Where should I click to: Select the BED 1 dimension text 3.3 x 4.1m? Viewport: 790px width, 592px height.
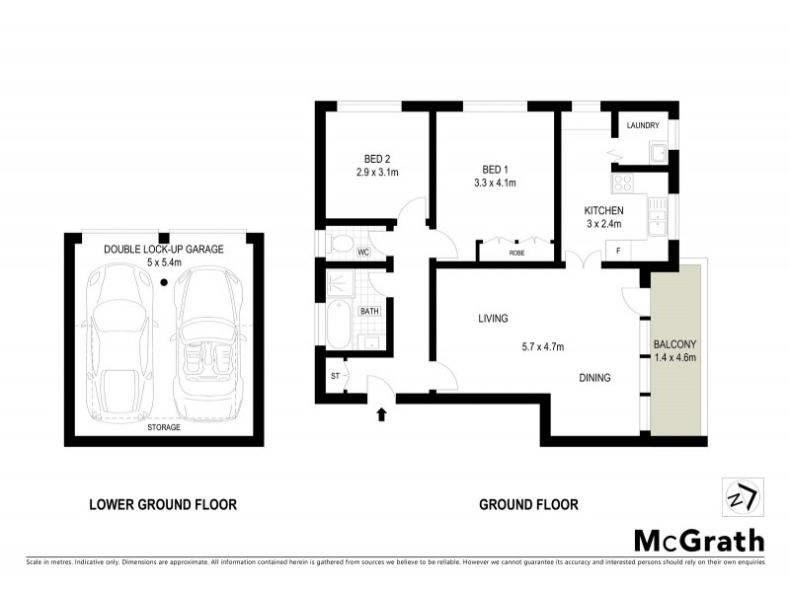click(x=496, y=183)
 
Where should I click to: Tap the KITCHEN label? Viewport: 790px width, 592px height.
click(x=603, y=211)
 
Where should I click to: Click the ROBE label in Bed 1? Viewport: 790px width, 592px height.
click(x=515, y=253)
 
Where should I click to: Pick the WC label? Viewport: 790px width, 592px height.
click(x=363, y=253)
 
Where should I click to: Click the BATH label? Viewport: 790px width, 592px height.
click(x=369, y=311)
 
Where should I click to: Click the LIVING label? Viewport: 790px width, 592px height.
click(x=493, y=319)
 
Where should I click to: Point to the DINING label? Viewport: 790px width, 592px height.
click(x=594, y=377)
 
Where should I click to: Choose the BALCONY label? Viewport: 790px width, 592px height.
click(x=675, y=344)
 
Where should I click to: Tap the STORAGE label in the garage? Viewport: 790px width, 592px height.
click(x=164, y=427)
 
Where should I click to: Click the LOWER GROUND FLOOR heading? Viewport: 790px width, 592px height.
click(x=163, y=504)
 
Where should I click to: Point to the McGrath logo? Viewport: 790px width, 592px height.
click(x=698, y=541)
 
